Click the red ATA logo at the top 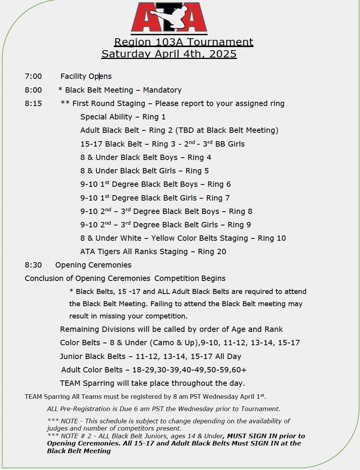169,18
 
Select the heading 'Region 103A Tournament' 183,42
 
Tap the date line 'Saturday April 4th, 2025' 169,54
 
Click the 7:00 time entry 33,76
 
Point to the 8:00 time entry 33,90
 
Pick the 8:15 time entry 33,103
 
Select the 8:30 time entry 33,265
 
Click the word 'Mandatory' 162,90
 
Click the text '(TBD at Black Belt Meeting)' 227,130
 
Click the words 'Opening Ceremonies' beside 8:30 93,265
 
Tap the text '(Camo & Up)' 173,343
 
